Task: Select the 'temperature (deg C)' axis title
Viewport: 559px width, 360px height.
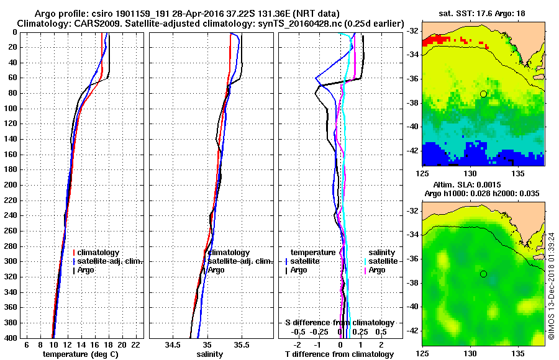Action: [80, 354]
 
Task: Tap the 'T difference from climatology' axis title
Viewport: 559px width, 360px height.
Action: [340, 354]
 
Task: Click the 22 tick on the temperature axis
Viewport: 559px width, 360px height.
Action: [135, 344]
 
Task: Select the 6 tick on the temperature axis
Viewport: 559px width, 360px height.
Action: [26, 344]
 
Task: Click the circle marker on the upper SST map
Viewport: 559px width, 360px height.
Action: [483, 94]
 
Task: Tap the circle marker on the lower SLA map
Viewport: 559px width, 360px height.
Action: [483, 274]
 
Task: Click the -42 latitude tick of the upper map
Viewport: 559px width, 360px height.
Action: [412, 151]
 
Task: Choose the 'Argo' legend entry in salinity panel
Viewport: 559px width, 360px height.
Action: [216, 270]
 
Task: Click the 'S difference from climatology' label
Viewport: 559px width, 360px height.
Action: [339, 323]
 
